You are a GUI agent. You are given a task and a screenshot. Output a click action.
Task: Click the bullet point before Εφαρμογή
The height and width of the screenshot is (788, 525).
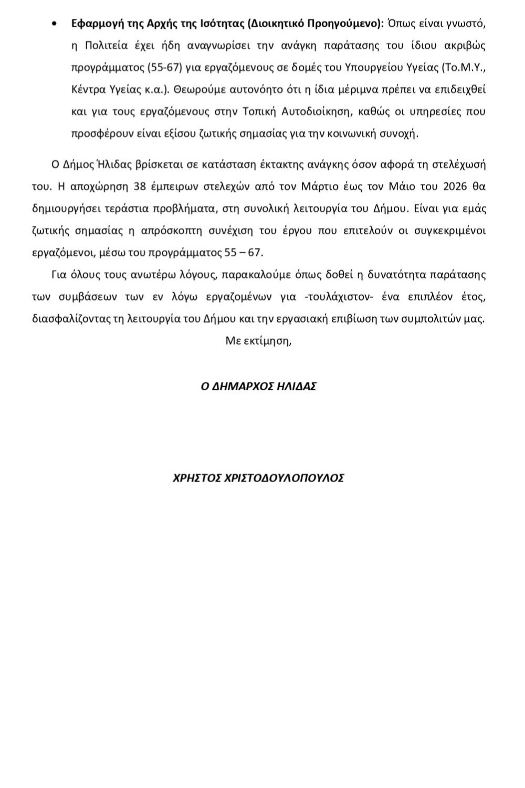coord(54,24)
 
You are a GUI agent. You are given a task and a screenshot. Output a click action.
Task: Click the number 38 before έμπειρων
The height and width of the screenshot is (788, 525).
coord(140,186)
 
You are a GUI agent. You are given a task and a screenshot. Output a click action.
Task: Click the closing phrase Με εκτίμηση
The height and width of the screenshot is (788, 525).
coord(258,340)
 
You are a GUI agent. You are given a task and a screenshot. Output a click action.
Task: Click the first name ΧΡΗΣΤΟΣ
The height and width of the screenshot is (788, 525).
coord(195,478)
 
